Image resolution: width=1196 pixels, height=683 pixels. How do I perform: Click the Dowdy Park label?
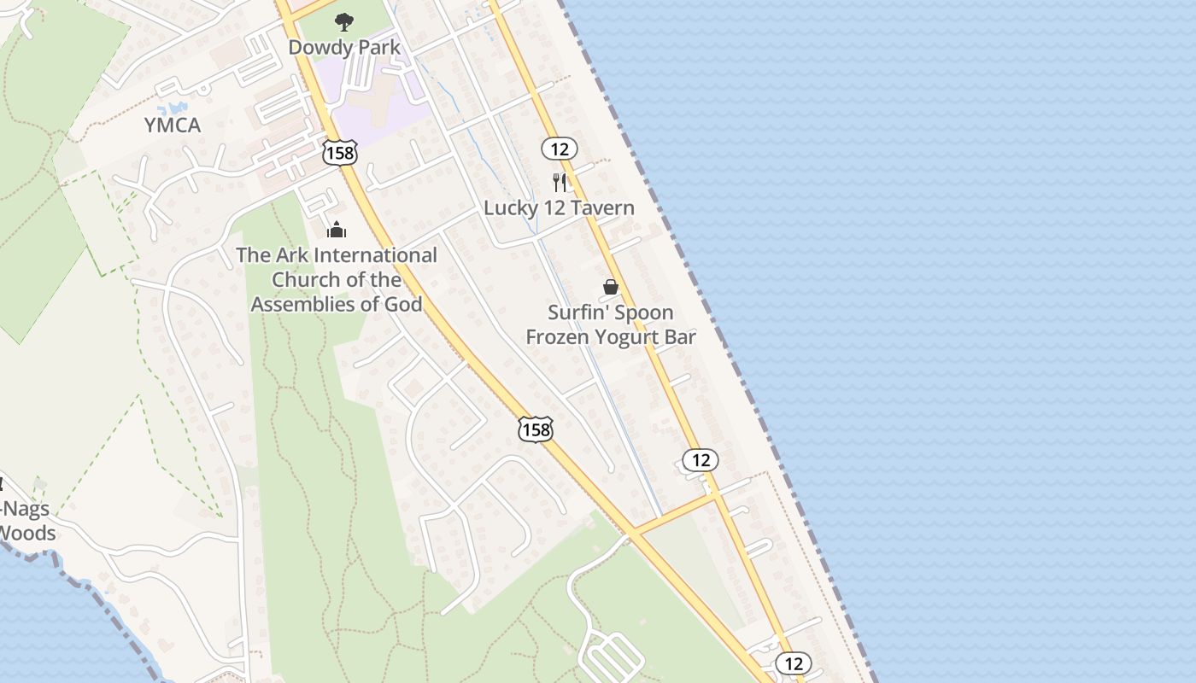[344, 47]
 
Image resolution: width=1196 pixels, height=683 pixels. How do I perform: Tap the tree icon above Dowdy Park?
[344, 21]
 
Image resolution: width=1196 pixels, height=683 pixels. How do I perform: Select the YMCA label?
[173, 126]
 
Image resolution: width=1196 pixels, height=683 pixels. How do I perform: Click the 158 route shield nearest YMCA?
[340, 153]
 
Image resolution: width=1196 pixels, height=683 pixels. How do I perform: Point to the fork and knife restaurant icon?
[560, 182]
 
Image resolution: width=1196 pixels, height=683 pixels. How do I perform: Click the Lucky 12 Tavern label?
[559, 207]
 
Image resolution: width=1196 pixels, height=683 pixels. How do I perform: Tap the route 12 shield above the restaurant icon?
[560, 149]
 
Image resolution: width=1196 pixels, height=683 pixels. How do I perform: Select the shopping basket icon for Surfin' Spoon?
[611, 287]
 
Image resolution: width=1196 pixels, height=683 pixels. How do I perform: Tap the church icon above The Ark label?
[337, 230]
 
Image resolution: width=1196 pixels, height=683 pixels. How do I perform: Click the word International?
[376, 254]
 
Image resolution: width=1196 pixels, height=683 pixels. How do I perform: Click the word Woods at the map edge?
[27, 534]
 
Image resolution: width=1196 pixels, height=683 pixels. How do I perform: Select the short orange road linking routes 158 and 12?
[675, 514]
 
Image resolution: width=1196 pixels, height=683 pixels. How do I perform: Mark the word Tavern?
[604, 207]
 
